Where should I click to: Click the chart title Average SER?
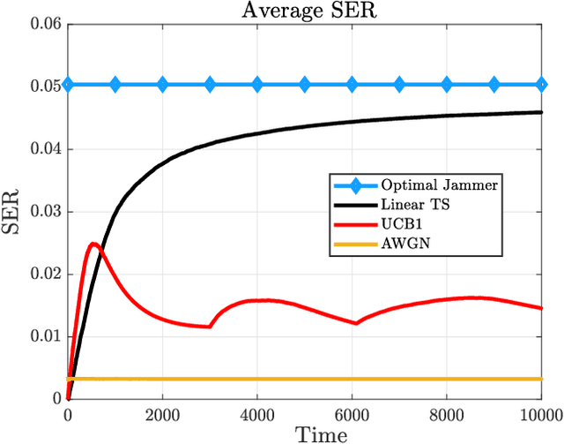click(x=305, y=10)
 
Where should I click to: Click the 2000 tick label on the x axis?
click(x=163, y=413)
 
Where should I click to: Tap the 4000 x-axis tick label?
click(x=257, y=413)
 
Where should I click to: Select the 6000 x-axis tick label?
click(x=352, y=413)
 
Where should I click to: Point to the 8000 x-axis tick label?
click(x=447, y=413)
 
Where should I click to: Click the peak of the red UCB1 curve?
click(x=93, y=243)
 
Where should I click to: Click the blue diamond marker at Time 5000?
click(x=305, y=85)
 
